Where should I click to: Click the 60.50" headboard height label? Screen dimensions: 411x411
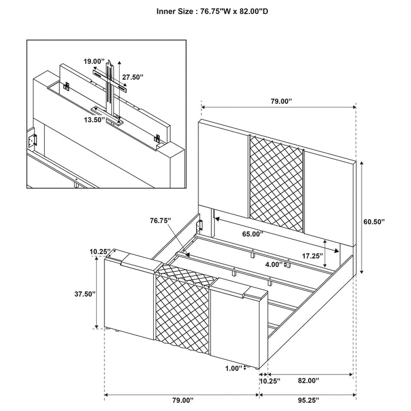pyautogui.click(x=374, y=222)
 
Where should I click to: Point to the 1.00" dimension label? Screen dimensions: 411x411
pyautogui.click(x=233, y=369)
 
